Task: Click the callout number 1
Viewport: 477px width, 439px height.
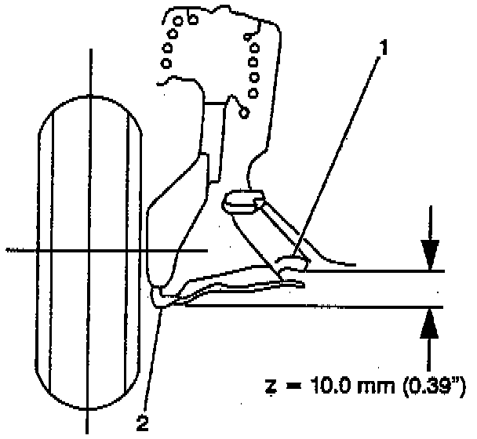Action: [383, 49]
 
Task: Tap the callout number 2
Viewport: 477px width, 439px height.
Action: [141, 423]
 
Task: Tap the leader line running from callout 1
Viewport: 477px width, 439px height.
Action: [337, 157]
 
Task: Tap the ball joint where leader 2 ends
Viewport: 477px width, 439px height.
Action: [160, 296]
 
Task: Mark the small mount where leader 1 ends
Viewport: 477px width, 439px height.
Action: [295, 263]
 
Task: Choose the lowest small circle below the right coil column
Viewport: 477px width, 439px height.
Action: [245, 112]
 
